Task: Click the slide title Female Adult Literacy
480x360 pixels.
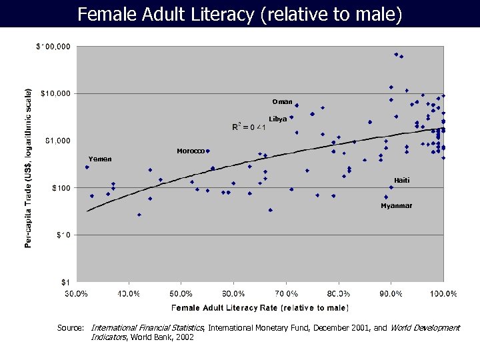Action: [x=239, y=14]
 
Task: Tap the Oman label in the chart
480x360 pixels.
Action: [x=282, y=102]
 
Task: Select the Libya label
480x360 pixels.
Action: [x=278, y=119]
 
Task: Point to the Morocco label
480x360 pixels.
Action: [x=191, y=151]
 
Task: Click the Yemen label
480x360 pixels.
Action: [x=100, y=159]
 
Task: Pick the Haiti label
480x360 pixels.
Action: [x=401, y=181]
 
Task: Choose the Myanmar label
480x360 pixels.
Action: [x=396, y=206]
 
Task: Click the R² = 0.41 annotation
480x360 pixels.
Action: [x=249, y=127]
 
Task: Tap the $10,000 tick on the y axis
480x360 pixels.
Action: [x=55, y=93]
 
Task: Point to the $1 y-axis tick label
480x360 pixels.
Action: [x=65, y=282]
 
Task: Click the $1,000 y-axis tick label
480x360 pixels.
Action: [x=58, y=141]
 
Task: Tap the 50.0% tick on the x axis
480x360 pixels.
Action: [x=181, y=293]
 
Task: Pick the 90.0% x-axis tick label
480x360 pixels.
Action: [x=391, y=293]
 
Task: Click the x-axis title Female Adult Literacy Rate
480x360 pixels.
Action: [x=260, y=307]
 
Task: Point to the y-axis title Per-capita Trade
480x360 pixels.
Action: [x=29, y=167]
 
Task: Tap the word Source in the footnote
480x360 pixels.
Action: [x=70, y=328]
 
